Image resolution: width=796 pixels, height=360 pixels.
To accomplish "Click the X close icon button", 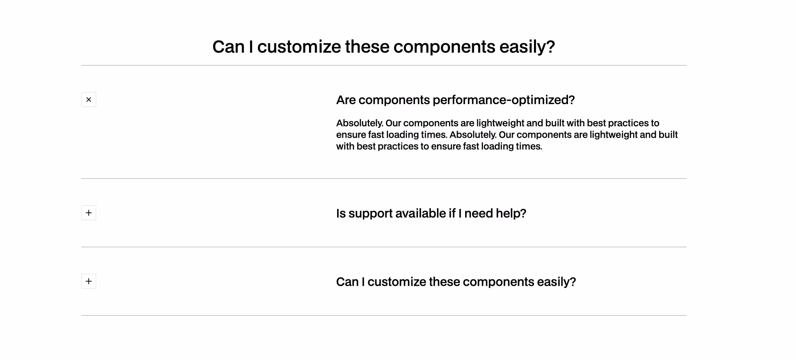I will tap(89, 100).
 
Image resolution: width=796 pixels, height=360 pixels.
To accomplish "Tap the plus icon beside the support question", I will tap(89, 213).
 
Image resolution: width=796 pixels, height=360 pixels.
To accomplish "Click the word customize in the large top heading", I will tap(299, 47).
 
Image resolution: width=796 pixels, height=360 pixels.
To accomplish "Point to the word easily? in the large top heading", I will tap(527, 47).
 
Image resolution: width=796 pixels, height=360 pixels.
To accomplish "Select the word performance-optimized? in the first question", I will tap(503, 100).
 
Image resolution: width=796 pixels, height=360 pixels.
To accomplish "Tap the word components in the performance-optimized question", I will tap(394, 100).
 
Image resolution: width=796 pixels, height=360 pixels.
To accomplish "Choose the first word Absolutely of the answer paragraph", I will tap(359, 123).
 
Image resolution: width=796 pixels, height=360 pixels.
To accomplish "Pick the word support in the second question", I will tap(370, 213).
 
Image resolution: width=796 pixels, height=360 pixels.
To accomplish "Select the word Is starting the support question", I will tap(341, 213).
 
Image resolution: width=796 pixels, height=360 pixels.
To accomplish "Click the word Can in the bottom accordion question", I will tap(347, 282).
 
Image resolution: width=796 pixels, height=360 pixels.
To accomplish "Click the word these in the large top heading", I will tap(367, 47).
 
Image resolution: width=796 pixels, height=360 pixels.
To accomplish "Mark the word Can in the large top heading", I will tap(228, 47).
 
